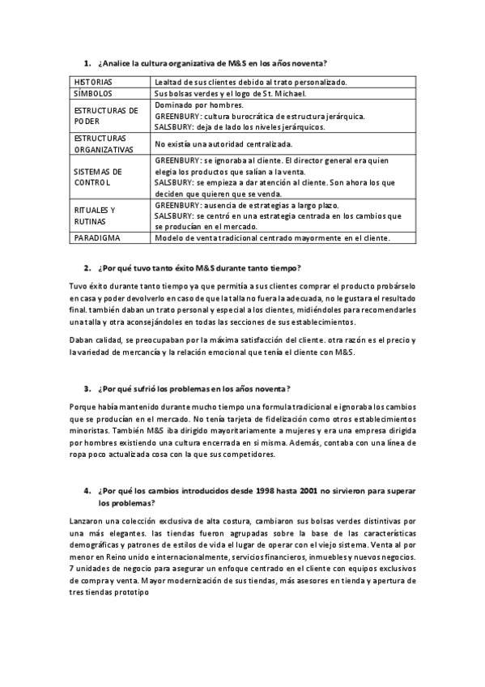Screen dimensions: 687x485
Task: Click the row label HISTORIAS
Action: (x=93, y=82)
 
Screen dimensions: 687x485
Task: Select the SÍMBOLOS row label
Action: (x=93, y=94)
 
